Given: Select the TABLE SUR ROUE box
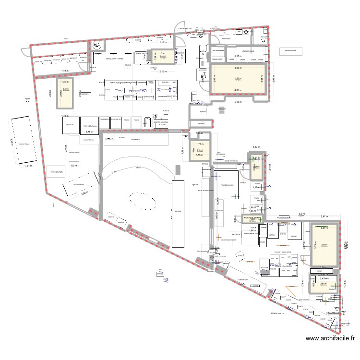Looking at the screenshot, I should (x=290, y=50).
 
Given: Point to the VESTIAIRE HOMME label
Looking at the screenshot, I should (x=248, y=50).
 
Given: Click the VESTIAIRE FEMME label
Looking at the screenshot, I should (x=219, y=50).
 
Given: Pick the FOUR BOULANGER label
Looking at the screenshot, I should (x=227, y=184).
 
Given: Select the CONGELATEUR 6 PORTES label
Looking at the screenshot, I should (x=115, y=59).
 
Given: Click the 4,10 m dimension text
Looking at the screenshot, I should (x=11, y=143).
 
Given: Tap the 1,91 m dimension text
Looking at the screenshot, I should (x=27, y=166).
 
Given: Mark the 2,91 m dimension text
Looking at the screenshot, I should (x=274, y=79).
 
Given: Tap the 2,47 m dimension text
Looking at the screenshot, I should (x=324, y=217).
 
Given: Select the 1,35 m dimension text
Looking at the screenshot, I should (x=66, y=82).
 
